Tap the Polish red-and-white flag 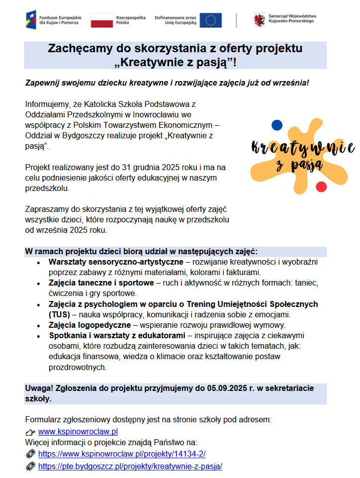[101, 19]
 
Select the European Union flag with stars [210, 20]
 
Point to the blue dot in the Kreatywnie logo [276, 125]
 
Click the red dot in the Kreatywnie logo [321, 187]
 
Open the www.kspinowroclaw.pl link [78, 431]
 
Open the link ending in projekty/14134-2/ [122, 454]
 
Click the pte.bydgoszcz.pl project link [130, 466]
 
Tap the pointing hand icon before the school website [30, 432]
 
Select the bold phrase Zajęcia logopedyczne [83, 325]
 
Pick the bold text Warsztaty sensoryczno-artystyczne [116, 262]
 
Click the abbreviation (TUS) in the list [59, 314]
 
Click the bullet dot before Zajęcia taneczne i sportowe [38, 283]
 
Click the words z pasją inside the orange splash [298, 164]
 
